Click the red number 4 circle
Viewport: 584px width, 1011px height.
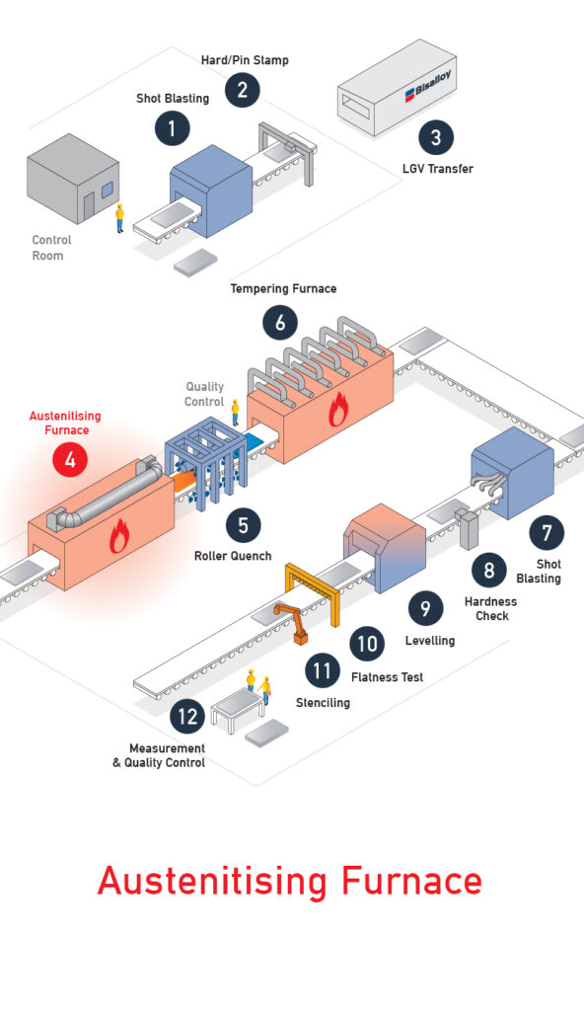70,460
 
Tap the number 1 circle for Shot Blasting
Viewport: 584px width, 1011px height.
172,127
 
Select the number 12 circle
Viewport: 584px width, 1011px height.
187,717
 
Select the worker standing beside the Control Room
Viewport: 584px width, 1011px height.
119,218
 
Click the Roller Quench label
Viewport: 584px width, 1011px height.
233,556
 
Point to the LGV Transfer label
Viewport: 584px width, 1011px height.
438,169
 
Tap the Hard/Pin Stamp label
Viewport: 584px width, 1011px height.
245,60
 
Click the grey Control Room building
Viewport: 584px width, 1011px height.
73,180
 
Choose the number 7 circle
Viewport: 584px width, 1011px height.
547,532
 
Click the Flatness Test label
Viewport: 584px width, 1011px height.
388,677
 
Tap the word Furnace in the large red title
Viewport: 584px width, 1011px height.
411,881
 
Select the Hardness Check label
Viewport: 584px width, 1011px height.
491,608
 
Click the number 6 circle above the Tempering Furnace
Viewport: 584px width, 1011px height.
280,322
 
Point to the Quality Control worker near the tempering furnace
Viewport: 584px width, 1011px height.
235,412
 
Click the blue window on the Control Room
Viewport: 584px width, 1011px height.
107,190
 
